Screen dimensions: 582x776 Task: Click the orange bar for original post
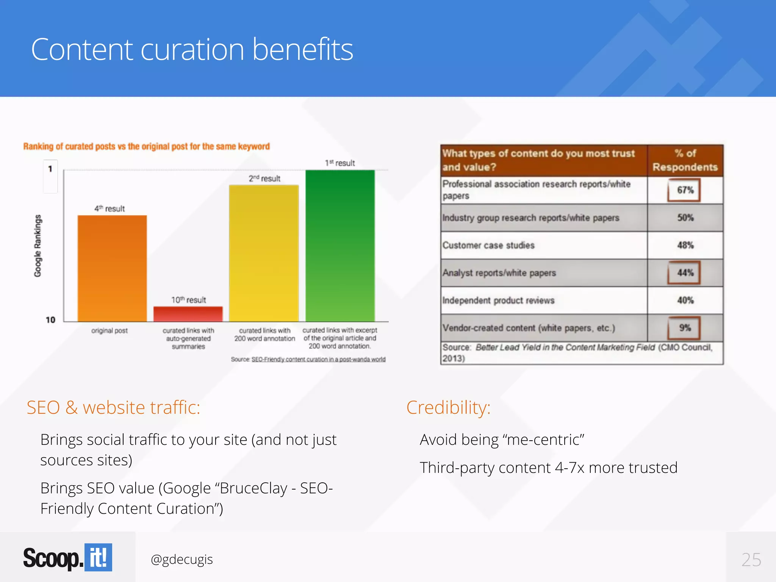(x=112, y=268)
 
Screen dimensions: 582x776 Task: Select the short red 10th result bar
(x=188, y=314)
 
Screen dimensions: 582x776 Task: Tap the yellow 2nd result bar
(x=264, y=253)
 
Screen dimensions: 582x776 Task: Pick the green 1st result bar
(x=340, y=246)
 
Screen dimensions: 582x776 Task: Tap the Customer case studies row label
(x=488, y=245)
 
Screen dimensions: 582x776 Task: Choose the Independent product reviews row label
(x=498, y=300)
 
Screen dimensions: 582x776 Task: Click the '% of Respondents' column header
(x=685, y=160)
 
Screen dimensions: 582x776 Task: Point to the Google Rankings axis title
(x=38, y=246)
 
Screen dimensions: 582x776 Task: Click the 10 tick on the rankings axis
(x=50, y=320)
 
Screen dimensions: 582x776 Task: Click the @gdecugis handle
(x=182, y=559)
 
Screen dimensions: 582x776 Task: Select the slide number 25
(x=751, y=560)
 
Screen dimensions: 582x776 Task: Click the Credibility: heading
(x=448, y=408)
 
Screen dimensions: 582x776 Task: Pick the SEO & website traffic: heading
(x=113, y=408)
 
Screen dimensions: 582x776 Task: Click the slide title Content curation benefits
(x=192, y=49)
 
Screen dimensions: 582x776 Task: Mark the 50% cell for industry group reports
(x=685, y=217)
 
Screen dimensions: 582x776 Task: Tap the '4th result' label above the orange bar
(x=110, y=208)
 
